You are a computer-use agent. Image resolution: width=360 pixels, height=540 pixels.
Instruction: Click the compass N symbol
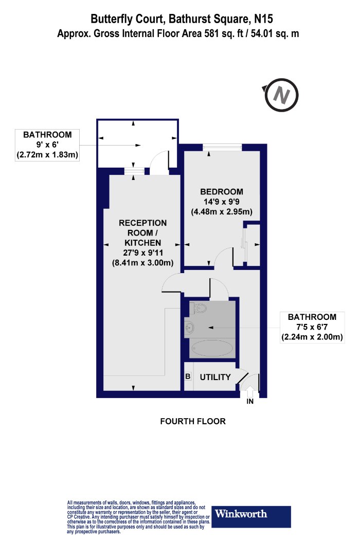click(x=281, y=95)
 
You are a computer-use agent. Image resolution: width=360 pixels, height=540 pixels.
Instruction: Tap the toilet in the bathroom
click(x=197, y=308)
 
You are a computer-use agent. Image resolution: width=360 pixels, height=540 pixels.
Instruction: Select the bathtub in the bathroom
click(x=212, y=349)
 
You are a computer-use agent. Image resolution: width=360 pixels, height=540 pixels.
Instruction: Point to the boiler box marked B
click(x=188, y=376)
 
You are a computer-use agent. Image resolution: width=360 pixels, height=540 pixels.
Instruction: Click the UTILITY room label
click(x=215, y=377)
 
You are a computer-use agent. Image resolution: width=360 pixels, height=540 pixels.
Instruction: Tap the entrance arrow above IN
click(x=250, y=391)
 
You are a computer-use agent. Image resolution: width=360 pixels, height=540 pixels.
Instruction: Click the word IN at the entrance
click(x=250, y=402)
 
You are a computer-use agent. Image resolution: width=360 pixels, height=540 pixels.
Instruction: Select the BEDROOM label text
click(x=222, y=191)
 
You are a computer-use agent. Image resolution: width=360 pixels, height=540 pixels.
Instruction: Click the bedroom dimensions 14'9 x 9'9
click(x=222, y=202)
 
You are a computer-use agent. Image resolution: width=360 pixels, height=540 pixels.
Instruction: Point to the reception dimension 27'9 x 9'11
click(x=143, y=253)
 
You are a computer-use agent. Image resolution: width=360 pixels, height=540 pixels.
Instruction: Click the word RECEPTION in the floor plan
click(x=142, y=223)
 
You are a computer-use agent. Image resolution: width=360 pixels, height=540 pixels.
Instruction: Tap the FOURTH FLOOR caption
click(x=193, y=421)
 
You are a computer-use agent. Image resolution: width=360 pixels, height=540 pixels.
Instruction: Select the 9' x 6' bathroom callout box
click(x=47, y=145)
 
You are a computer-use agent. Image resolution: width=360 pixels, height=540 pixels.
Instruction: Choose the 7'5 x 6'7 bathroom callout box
click(x=312, y=327)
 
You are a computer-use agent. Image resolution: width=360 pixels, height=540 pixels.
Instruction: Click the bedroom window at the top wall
click(x=223, y=148)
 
